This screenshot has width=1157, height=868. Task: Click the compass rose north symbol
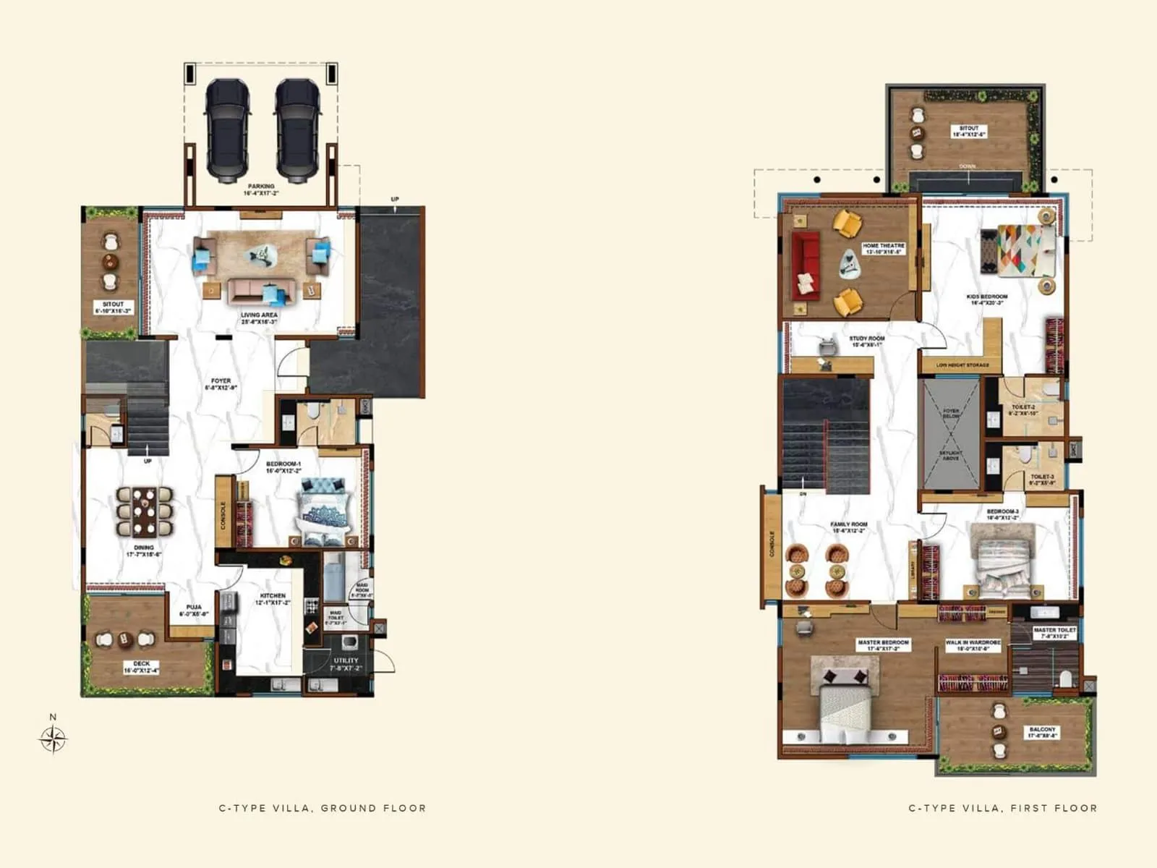point(53,738)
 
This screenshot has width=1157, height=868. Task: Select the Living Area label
point(259,318)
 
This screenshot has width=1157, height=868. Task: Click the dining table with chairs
point(145,511)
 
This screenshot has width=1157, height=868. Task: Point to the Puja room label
point(194,610)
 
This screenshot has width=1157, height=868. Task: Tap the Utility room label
point(346,664)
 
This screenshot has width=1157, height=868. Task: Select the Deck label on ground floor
point(141,666)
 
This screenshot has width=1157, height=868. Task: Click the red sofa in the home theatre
point(805,265)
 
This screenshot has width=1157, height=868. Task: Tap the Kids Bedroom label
point(987,299)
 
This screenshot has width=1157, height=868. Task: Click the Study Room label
point(866,341)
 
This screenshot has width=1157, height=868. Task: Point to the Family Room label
point(849,527)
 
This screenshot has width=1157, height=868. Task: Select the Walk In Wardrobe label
point(973,645)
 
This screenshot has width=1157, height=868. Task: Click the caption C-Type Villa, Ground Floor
point(323,808)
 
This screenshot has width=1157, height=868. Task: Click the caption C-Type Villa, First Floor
point(1002,808)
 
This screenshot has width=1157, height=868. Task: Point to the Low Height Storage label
point(962,365)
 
